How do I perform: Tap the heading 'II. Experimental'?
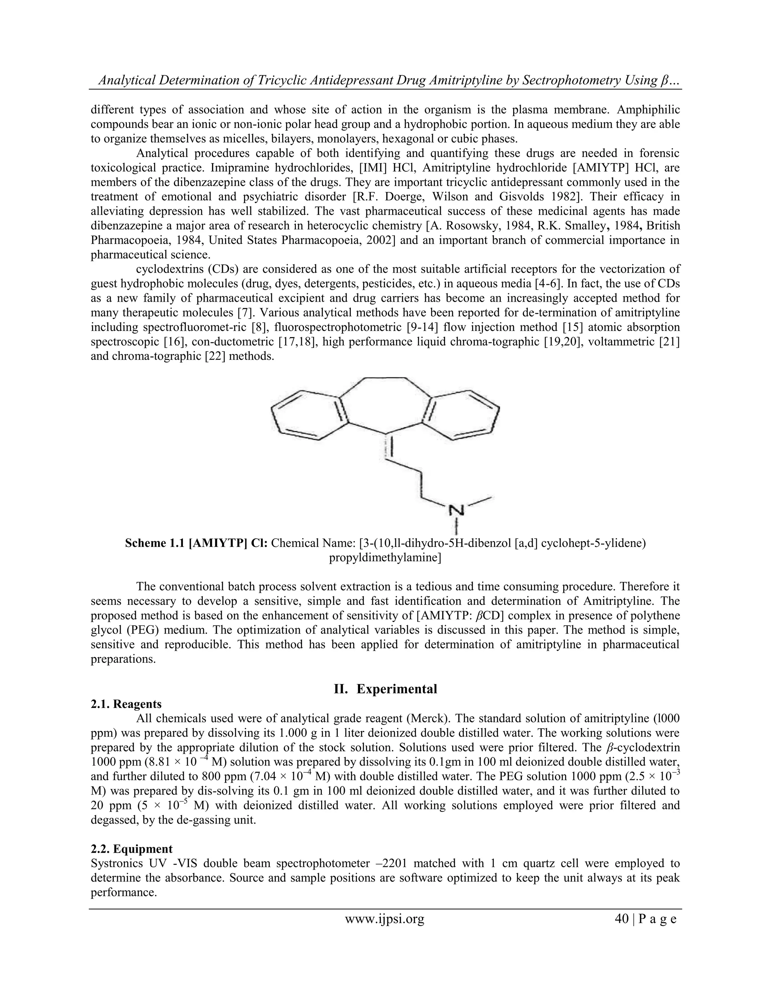[385, 689]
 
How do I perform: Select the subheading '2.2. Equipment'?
[131, 849]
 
